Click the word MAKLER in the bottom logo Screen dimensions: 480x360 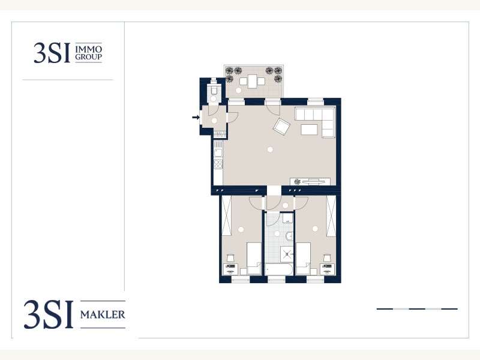coord(103,314)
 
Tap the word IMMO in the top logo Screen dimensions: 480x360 coord(88,49)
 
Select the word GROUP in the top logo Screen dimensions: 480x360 coord(88,56)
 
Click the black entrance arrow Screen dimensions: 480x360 coord(196,117)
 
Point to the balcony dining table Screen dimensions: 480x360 coord(252,82)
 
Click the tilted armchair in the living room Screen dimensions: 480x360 coord(281,126)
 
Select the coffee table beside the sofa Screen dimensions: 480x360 coord(309,130)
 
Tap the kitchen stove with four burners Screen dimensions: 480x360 coord(218,164)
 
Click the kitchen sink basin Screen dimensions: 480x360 coord(218,153)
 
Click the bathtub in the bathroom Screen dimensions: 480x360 coord(278,269)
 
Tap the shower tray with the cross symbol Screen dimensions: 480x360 coord(287,254)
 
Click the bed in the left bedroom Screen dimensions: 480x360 coord(254,259)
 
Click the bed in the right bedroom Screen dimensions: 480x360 coord(303,259)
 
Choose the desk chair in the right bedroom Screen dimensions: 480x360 coord(328,258)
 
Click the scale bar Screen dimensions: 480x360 coord(417,309)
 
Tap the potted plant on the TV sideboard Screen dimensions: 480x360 coord(297,182)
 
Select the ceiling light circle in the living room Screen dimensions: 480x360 coord(269,149)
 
